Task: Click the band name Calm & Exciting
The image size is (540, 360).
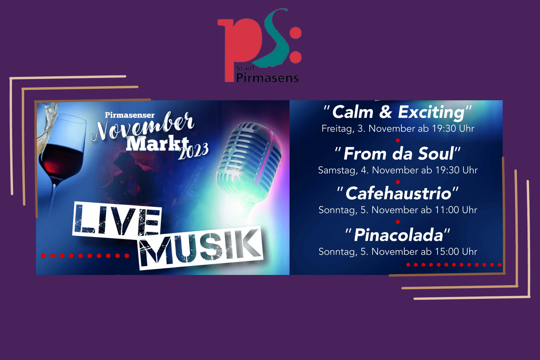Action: coord(398,112)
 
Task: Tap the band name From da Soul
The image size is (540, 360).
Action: coord(399,154)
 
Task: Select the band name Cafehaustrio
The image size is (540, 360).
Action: coord(398,194)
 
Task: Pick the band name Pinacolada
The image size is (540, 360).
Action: coord(398,235)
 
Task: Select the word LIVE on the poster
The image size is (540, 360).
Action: coord(117,220)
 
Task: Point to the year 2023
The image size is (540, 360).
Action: coord(193,151)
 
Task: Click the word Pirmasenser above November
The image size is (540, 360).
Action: coord(130,115)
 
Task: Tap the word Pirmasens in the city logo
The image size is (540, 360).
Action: coord(267,78)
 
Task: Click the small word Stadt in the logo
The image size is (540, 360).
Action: coord(245,68)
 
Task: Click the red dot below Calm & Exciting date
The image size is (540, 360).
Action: coord(398,141)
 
